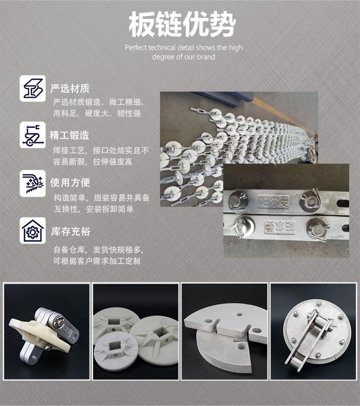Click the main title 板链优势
pyautogui.click(x=182, y=24)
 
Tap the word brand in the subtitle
pyautogui.click(x=206, y=57)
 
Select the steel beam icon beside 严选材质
pyautogui.click(x=32, y=89)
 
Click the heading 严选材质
pyautogui.click(x=70, y=89)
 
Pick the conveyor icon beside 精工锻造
pyautogui.click(x=32, y=135)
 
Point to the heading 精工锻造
pyautogui.click(x=69, y=135)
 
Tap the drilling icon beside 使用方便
pyautogui.click(x=32, y=184)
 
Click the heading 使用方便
pyautogui.click(x=70, y=183)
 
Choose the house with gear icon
pyautogui.click(x=32, y=231)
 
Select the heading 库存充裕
pyautogui.click(x=70, y=231)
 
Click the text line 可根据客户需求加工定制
pyautogui.click(x=97, y=261)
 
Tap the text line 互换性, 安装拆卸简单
pyautogui.click(x=94, y=209)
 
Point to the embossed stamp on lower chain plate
pyautogui.click(x=280, y=227)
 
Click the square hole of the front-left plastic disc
pyautogui.click(x=114, y=346)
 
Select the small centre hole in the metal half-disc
pyautogui.click(x=240, y=314)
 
